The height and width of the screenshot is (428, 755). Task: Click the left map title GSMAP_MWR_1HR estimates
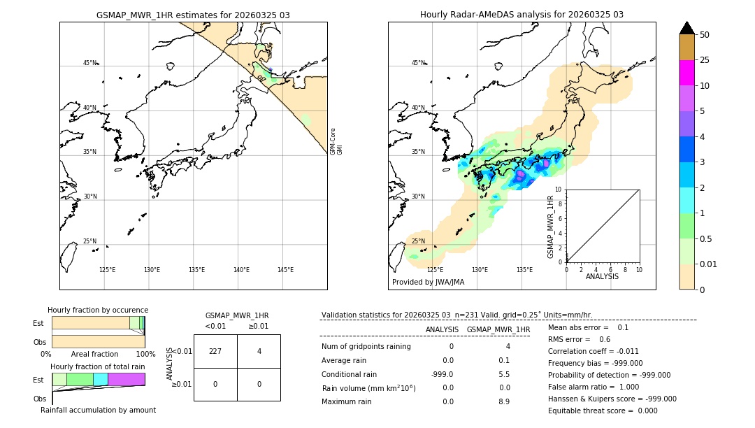(x=193, y=15)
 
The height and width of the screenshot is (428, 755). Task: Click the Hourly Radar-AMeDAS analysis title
(x=522, y=15)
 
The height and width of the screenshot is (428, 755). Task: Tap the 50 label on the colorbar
(x=705, y=35)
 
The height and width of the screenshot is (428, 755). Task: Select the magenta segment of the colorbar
(x=686, y=73)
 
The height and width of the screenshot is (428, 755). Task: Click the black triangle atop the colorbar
(x=686, y=28)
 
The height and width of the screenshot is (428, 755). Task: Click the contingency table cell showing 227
(x=215, y=351)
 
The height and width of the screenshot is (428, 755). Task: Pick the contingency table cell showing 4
(x=259, y=351)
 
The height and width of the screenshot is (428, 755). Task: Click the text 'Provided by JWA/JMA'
(x=428, y=282)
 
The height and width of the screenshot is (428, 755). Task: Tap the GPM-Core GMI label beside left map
(x=336, y=141)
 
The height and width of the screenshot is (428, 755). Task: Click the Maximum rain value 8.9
(x=503, y=401)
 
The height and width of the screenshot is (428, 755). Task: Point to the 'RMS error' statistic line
(x=580, y=339)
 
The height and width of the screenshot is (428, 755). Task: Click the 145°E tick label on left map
(x=285, y=270)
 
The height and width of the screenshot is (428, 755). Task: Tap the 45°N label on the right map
(x=418, y=63)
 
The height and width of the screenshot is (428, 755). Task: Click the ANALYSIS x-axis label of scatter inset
(x=602, y=276)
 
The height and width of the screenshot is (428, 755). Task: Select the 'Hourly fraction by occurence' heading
(x=98, y=310)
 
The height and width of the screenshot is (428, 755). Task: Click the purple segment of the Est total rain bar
(x=126, y=379)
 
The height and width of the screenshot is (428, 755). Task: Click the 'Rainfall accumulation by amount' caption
(x=98, y=410)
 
